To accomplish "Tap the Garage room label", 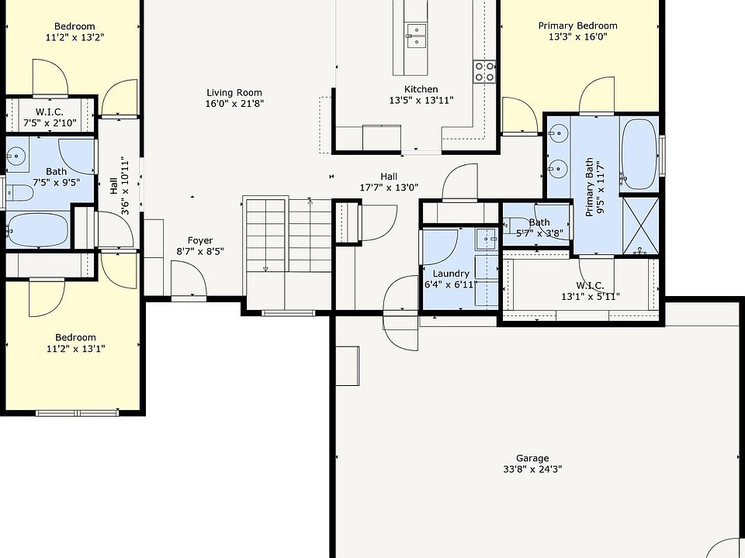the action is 532,458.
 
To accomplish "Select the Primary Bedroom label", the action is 577,26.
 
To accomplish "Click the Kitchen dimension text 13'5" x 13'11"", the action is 421,100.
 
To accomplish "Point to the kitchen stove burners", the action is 484,71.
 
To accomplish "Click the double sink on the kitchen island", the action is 416,36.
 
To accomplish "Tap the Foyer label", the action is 200,240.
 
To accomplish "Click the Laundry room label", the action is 451,274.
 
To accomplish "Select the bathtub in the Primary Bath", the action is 639,155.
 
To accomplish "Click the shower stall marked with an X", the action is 640,226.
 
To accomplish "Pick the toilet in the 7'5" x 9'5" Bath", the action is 19,193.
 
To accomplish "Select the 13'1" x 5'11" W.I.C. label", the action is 591,291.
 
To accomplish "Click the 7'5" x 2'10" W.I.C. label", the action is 50,118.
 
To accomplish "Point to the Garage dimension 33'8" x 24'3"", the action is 532,470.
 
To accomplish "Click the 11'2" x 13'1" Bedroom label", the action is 75,343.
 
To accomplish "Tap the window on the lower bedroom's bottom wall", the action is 77,413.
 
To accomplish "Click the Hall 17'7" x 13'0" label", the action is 389,182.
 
